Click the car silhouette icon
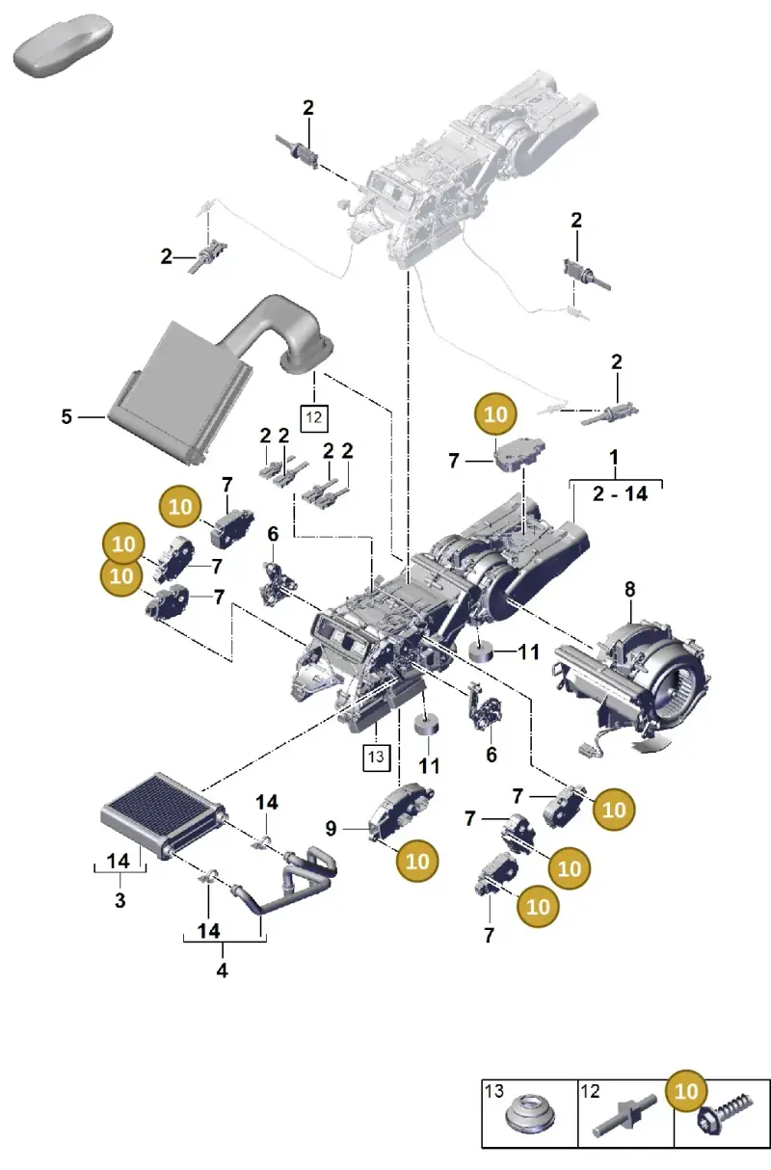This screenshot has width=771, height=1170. [63, 46]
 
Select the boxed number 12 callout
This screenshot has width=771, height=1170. [314, 418]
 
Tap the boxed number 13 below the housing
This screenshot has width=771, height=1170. [376, 757]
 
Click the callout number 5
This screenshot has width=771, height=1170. [66, 416]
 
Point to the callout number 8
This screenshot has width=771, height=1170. [630, 590]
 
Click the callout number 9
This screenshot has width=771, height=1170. [331, 829]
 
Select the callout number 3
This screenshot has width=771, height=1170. [120, 900]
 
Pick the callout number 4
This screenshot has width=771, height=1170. [222, 971]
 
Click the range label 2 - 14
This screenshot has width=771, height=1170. [620, 493]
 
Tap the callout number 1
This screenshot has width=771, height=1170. [614, 458]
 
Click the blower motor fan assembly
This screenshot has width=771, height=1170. [632, 679]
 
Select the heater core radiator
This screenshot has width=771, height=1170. [163, 814]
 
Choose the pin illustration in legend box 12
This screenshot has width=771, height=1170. [625, 1115]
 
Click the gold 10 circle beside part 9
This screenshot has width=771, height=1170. [417, 861]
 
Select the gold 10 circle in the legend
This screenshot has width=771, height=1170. [686, 1091]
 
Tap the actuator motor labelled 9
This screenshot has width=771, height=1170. [401, 811]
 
